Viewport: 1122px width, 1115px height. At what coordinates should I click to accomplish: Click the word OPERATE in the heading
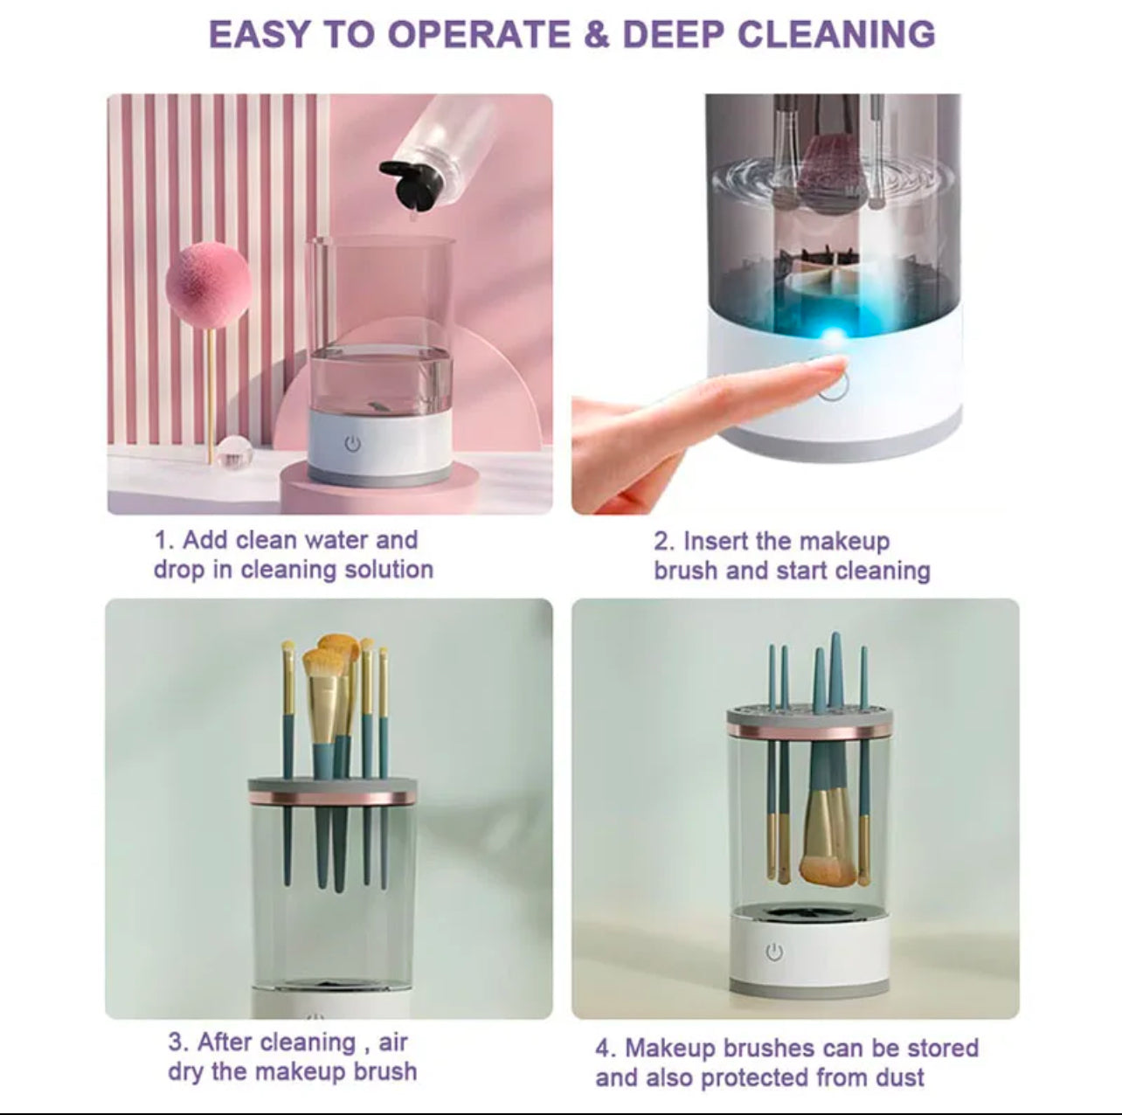tap(479, 34)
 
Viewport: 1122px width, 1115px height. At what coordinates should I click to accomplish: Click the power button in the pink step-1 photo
tap(352, 444)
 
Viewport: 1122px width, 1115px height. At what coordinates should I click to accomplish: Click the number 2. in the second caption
tap(664, 542)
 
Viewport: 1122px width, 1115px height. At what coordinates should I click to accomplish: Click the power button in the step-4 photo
tap(773, 952)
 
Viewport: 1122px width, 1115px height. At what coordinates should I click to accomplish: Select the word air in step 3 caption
tap(393, 1026)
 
